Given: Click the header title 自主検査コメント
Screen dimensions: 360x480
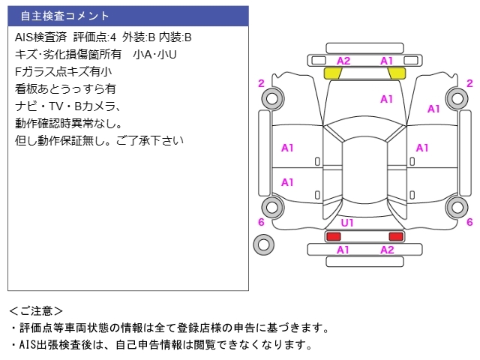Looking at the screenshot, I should (x=64, y=16).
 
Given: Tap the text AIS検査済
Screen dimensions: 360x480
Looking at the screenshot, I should (x=41, y=37).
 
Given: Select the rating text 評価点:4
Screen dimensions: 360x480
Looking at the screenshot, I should (x=95, y=37).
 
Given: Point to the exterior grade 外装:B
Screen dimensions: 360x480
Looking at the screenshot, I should (x=139, y=37).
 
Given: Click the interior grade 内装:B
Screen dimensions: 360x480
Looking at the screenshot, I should (x=175, y=37).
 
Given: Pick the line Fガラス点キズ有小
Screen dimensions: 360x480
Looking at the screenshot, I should (x=63, y=71).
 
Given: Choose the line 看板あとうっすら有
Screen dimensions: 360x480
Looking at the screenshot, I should (x=65, y=88).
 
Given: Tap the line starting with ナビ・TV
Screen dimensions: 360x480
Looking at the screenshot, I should (x=67, y=106).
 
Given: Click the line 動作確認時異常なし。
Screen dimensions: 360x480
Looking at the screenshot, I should (x=68, y=123).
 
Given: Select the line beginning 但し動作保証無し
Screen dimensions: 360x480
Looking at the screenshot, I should (x=99, y=140).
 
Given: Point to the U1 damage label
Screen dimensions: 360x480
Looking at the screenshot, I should (x=348, y=223).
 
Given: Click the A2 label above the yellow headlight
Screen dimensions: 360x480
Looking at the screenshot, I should (x=343, y=61).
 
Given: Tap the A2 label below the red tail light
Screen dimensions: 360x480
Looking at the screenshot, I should (x=387, y=250).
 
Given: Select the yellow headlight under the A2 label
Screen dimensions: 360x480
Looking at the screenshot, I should (x=333, y=73).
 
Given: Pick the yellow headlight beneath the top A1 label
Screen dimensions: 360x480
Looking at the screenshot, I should (x=397, y=73).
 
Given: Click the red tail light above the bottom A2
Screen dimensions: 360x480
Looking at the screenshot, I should (x=396, y=236).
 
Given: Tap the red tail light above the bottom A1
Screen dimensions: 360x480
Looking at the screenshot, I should (x=332, y=236).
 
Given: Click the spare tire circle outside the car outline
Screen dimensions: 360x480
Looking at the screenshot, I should (x=263, y=243).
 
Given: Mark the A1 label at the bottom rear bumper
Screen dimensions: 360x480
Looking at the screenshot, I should (x=343, y=250).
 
